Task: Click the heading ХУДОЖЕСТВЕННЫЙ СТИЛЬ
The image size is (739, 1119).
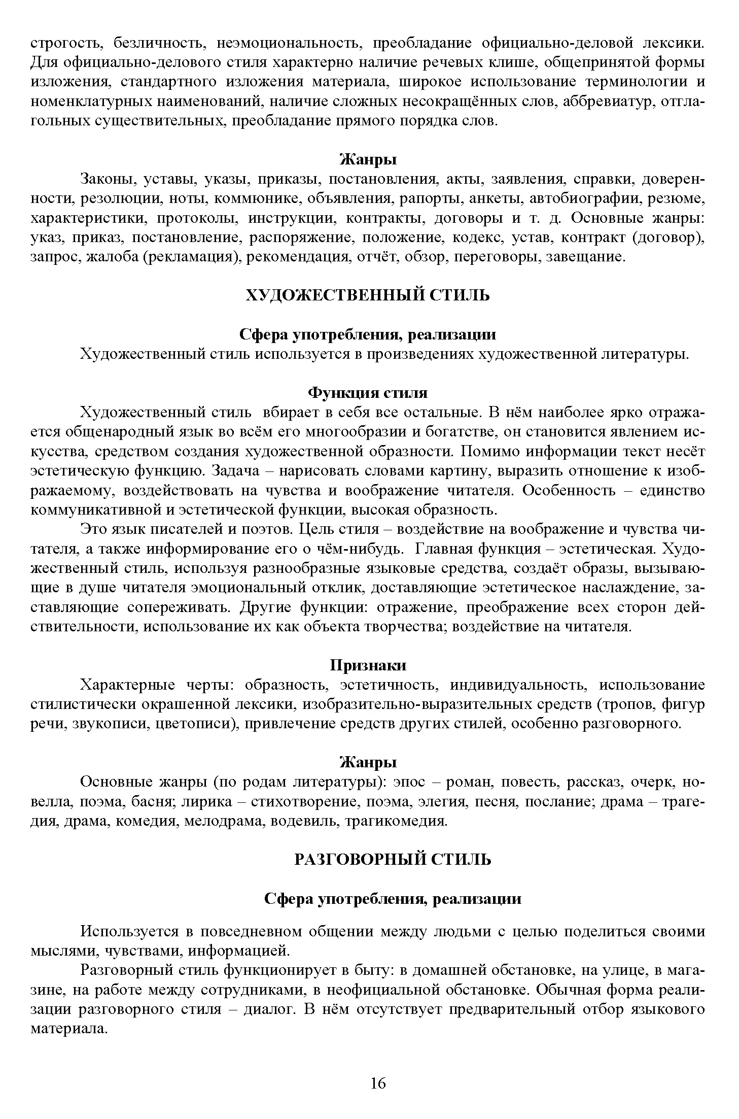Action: pos(368,295)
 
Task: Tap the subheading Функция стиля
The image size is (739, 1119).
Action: pos(368,393)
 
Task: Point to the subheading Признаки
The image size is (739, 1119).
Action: pos(368,665)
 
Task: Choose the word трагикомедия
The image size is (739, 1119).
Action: pos(396,821)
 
